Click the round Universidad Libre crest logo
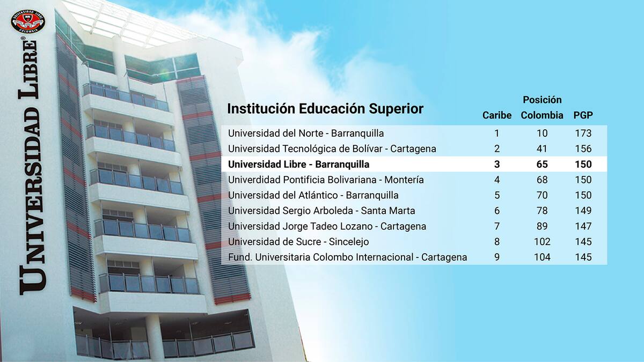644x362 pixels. click(x=28, y=21)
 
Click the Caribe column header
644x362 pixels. click(x=497, y=115)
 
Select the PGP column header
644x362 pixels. click(x=583, y=115)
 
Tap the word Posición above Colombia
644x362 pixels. click(x=542, y=100)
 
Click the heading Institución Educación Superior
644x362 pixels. click(x=325, y=109)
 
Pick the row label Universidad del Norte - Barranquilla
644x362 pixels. click(x=306, y=134)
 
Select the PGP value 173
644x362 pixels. click(x=583, y=134)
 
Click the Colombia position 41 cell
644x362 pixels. click(x=542, y=149)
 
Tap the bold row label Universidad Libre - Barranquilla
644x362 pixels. click(x=299, y=164)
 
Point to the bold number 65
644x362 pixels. click(x=542, y=164)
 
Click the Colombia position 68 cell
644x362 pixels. click(x=542, y=180)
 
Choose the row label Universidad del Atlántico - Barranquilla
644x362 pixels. click(x=313, y=195)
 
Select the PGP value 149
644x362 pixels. click(x=583, y=211)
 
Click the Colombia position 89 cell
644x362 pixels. click(x=542, y=226)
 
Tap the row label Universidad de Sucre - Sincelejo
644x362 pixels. click(x=298, y=242)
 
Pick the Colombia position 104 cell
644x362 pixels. click(x=542, y=257)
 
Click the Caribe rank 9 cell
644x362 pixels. click(x=497, y=257)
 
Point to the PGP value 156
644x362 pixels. click(x=583, y=149)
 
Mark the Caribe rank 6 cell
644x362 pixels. click(x=497, y=211)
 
